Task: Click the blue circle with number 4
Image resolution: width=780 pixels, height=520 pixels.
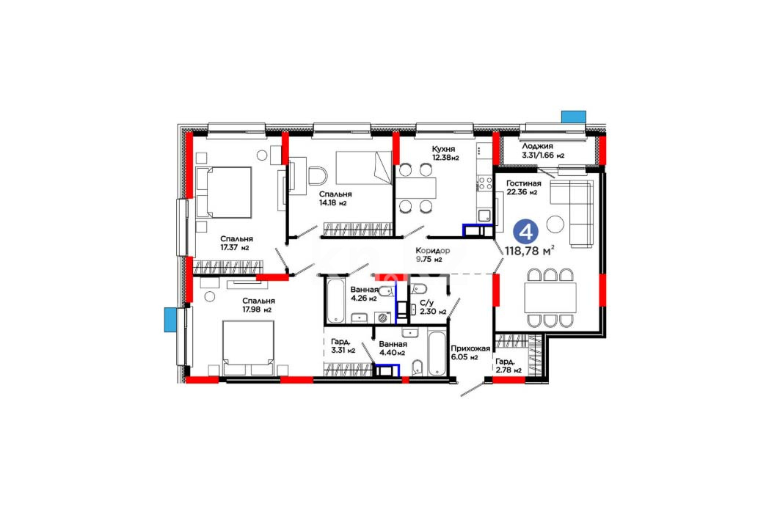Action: point(526,232)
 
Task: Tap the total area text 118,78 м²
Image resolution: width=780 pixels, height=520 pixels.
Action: point(530,251)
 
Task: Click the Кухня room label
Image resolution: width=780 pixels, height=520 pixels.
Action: point(443,149)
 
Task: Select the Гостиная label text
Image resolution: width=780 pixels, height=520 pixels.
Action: point(524,183)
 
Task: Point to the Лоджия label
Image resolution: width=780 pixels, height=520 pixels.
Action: point(537,146)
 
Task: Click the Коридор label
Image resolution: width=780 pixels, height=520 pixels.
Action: point(433,251)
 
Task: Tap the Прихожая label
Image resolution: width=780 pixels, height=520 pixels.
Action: point(470,348)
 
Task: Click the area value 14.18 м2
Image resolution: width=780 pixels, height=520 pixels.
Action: point(333,203)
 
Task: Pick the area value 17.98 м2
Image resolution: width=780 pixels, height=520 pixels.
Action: point(257,310)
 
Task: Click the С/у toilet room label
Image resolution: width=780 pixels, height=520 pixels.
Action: point(427,302)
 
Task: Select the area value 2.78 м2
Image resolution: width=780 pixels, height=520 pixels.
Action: point(509,370)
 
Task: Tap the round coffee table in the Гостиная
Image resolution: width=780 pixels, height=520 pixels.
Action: point(555,224)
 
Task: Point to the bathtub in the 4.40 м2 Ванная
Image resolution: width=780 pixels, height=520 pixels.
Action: point(437,353)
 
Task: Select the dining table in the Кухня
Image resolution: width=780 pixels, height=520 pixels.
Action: point(416,188)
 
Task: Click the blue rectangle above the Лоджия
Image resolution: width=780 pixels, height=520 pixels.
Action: point(574,117)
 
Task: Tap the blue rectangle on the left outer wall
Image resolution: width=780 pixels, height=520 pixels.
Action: point(171,319)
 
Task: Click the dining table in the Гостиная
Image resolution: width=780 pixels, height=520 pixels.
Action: point(550,298)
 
